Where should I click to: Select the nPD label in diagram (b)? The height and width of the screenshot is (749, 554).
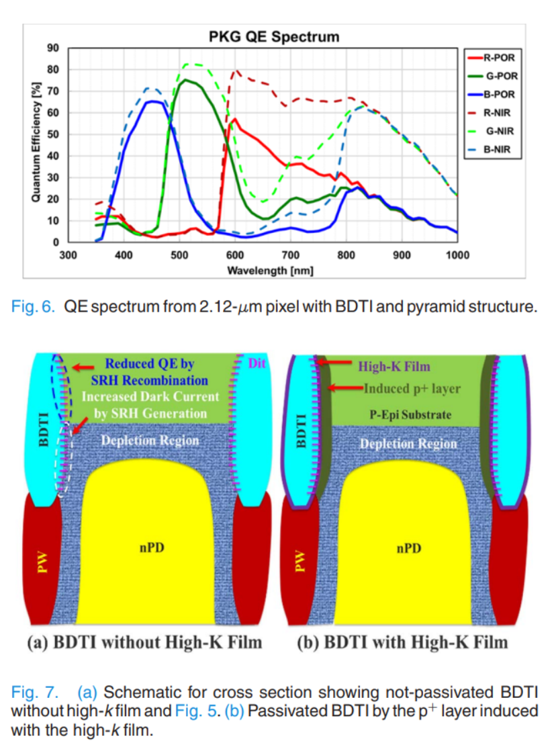coord(408,548)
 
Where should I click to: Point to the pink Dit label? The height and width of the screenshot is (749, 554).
coord(258,364)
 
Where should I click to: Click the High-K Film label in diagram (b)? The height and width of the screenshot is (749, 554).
coord(394,366)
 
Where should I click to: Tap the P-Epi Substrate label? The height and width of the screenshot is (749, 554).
coord(411,414)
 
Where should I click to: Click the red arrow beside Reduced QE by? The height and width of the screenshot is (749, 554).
coord(84,367)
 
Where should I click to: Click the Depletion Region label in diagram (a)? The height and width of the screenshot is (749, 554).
coord(149,441)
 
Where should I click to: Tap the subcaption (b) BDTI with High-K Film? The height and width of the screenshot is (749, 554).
coord(402,642)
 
